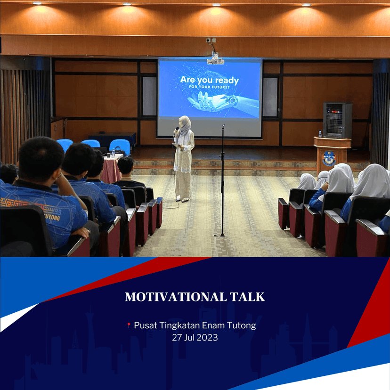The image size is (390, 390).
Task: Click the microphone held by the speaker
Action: coord(176,130)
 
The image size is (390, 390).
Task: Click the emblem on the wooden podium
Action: coord(329,158)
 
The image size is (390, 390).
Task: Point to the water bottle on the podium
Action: coord(320,134)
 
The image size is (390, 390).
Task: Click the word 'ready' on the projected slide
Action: coord(227,81)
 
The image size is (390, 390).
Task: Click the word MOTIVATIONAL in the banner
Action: coord(176,297)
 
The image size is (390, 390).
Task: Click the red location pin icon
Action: coord(129,325)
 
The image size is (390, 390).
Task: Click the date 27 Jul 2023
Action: coord(195,338)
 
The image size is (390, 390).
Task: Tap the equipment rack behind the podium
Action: coord(338,120)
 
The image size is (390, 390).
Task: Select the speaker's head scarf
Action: coord(185,125)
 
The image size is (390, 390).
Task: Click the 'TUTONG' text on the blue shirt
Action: coord(52,217)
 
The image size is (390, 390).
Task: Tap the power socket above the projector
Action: coord(211,40)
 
